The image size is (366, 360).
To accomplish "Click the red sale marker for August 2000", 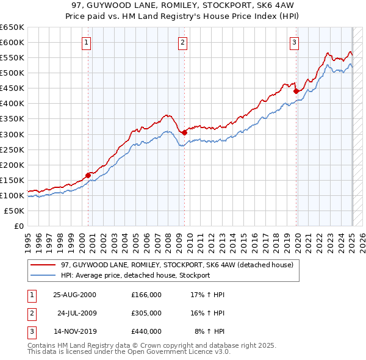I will [88, 175].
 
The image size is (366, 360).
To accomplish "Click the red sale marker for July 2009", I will [184, 132].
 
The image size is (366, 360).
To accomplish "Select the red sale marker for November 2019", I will [295, 91].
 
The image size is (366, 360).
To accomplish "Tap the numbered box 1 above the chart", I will [87, 42].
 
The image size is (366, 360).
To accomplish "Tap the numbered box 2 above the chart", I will [183, 42].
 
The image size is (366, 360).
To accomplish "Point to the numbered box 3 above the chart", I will [294, 42].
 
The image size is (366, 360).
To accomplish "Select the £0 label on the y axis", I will [18, 226].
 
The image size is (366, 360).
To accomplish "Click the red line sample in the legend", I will [43, 265].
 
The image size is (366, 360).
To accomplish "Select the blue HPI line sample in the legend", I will [43, 275].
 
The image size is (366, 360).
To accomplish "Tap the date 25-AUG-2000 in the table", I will [74, 295].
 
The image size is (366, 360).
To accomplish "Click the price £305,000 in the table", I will [146, 313].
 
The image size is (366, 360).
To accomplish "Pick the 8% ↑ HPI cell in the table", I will [209, 331].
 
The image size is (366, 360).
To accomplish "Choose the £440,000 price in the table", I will [146, 331].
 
